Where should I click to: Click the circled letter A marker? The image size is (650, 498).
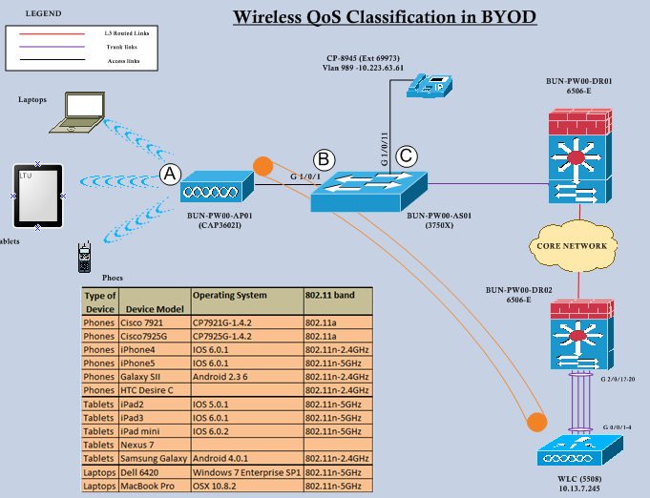pyautogui.click(x=170, y=174)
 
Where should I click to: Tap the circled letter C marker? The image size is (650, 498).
pyautogui.click(x=407, y=156)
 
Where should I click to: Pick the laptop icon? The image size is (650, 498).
pyautogui.click(x=83, y=111)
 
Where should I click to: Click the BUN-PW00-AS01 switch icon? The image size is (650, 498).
pyautogui.click(x=367, y=193)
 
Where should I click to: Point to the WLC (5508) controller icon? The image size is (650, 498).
pyautogui.click(x=579, y=448)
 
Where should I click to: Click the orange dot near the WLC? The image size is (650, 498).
pyautogui.click(x=536, y=422)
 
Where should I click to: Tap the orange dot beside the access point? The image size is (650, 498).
pyautogui.click(x=263, y=166)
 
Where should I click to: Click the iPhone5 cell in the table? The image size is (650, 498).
pyautogui.click(x=154, y=363)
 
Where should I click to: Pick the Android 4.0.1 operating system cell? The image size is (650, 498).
pyautogui.click(x=246, y=460)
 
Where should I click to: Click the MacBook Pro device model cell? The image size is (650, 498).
pyautogui.click(x=154, y=487)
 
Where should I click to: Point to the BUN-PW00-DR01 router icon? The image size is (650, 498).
pyautogui.click(x=578, y=157)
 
